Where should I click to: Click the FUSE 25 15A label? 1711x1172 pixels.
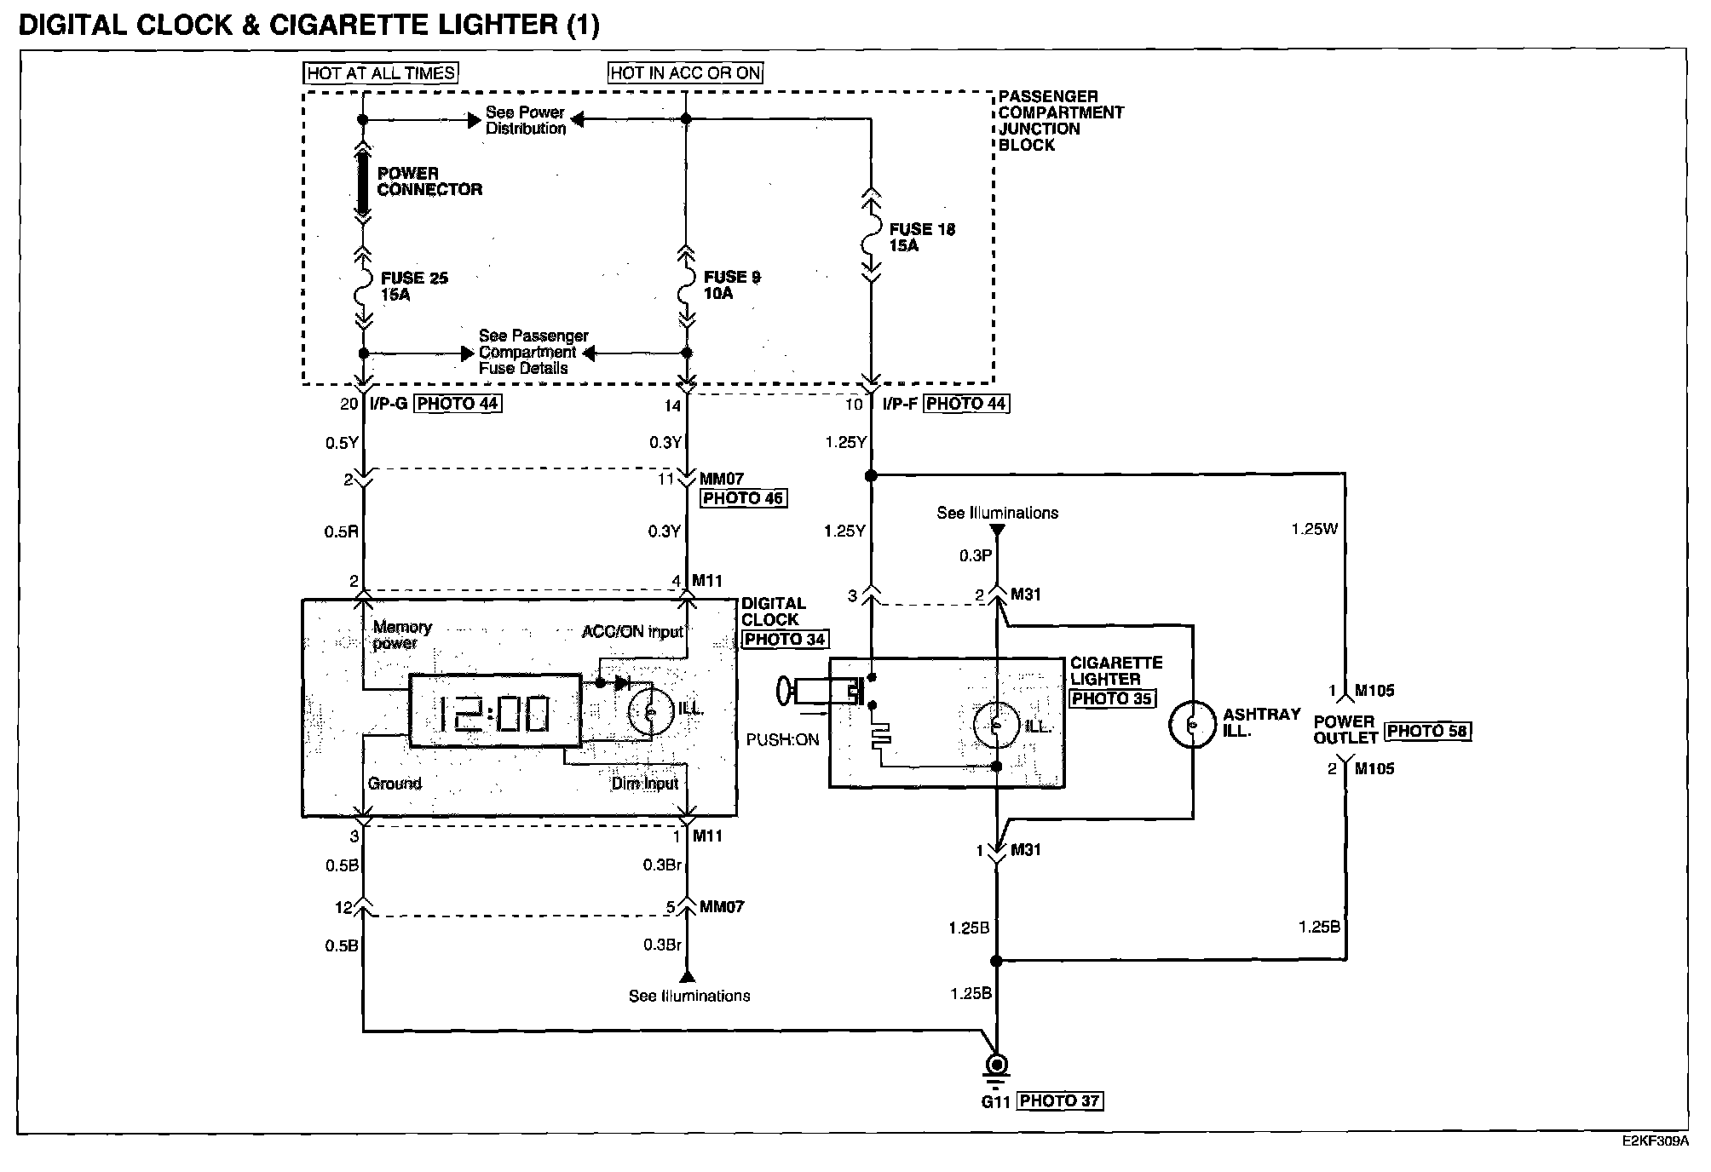point(413,286)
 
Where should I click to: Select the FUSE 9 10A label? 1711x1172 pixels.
point(731,285)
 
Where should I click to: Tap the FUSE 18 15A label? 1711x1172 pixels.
point(921,238)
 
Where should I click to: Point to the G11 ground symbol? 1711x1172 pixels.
point(996,1066)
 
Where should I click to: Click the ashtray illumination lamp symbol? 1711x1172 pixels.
point(1192,724)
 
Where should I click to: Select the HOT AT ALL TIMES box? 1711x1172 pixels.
point(381,73)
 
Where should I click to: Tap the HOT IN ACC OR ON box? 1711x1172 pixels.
point(685,73)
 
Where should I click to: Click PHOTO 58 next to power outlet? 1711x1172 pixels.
point(1428,731)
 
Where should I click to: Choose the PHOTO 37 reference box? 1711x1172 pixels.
point(1059,1101)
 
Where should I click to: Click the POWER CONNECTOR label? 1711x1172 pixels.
point(429,181)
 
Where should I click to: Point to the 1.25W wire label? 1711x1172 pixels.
point(1314,529)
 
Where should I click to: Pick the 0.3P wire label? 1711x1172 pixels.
point(976,556)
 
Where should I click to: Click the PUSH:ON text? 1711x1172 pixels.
point(782,740)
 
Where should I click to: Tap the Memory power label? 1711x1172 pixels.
point(401,635)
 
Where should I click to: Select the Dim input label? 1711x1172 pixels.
point(644,784)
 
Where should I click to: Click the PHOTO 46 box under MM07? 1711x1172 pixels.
point(743,498)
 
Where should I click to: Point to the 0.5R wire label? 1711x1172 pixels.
point(341,532)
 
